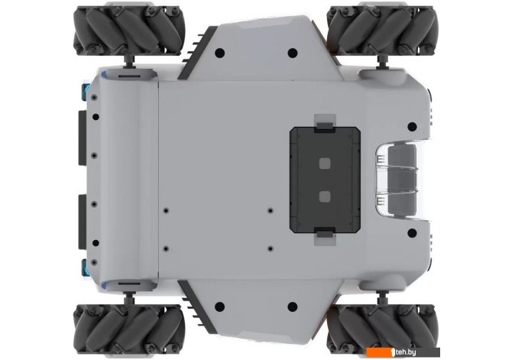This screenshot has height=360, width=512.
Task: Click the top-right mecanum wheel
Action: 381,31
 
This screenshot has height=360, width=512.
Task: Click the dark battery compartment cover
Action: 325,180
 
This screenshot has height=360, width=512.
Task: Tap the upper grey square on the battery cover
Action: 325,163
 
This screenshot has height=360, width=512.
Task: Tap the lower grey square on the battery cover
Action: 325,196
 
